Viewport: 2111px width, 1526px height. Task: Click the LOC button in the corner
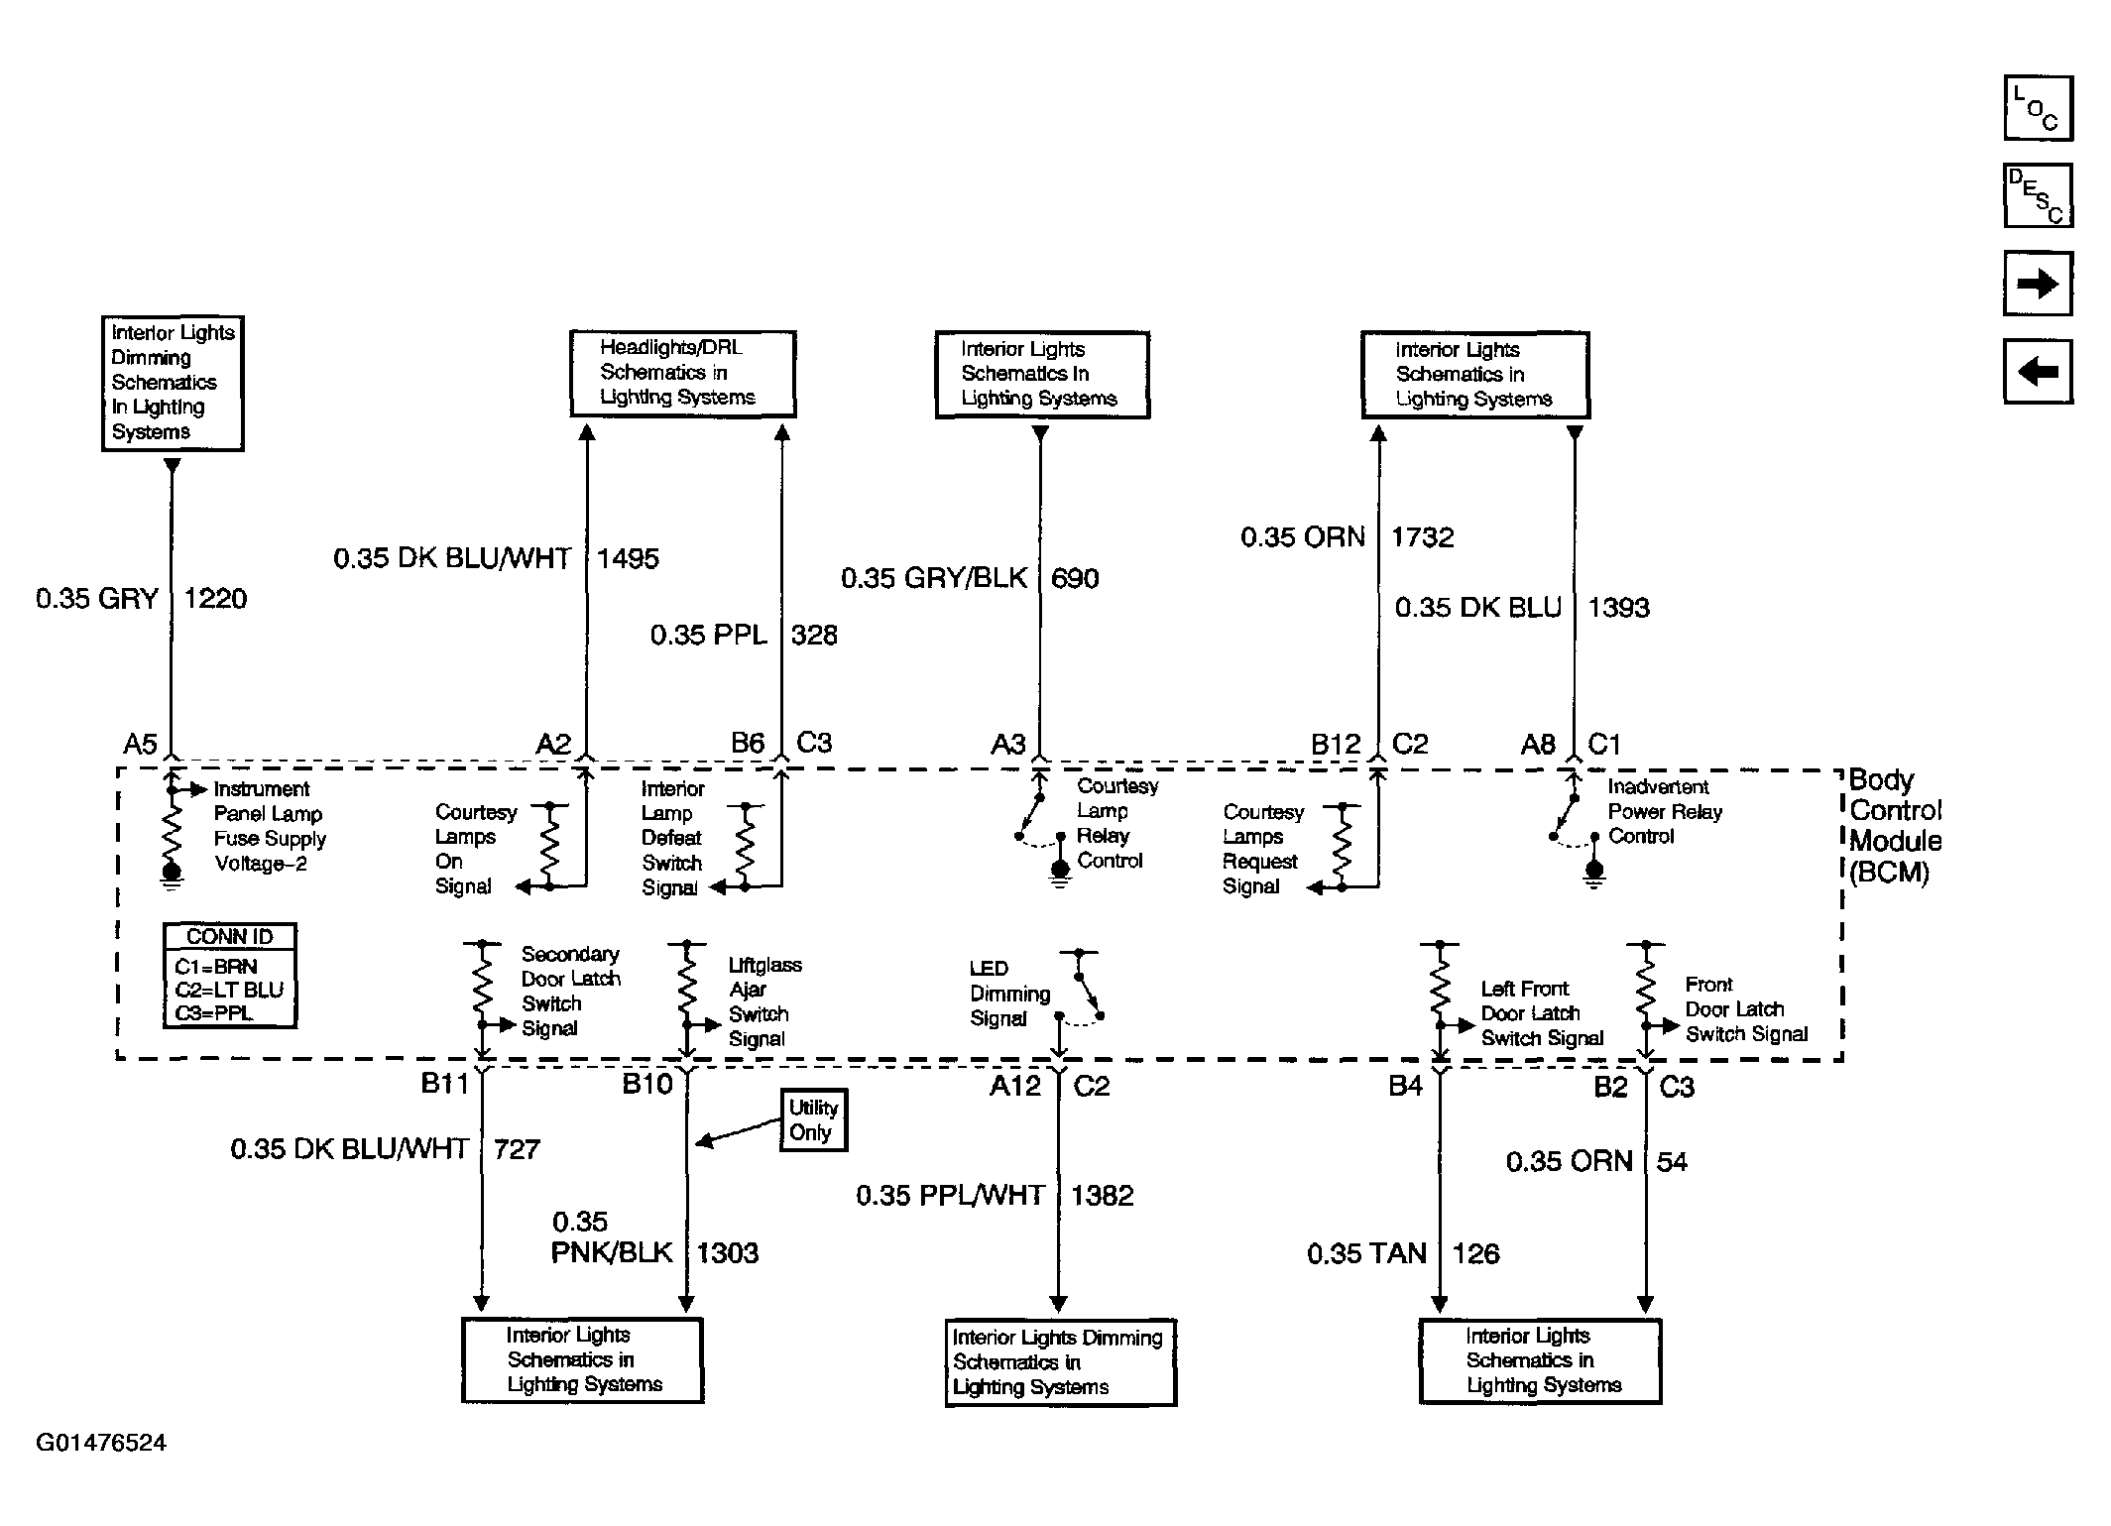coord(2038,108)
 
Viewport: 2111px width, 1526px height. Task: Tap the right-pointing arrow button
coord(2038,285)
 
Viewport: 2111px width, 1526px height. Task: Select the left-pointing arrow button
coord(2038,372)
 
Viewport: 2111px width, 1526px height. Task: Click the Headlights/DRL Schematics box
coord(682,373)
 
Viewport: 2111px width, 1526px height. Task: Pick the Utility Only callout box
coord(813,1120)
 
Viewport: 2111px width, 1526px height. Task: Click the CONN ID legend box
coord(229,976)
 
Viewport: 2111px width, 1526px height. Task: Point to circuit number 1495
coord(628,559)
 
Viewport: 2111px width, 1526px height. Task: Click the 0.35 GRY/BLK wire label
coord(933,579)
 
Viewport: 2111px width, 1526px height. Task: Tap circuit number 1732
coord(1422,537)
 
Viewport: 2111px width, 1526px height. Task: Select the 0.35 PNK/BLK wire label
coord(611,1237)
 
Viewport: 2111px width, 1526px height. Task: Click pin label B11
coord(445,1083)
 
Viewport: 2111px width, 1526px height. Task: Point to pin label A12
coord(1014,1087)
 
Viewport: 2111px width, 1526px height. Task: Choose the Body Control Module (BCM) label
coord(1894,826)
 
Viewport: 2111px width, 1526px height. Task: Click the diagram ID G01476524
coord(101,1443)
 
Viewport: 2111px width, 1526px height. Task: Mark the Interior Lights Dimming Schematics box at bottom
coord(1060,1362)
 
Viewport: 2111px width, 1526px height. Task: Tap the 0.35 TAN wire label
coord(1366,1254)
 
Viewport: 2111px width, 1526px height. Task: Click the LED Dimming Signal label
coord(1009,994)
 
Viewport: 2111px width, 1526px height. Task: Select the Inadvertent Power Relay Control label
coord(1664,812)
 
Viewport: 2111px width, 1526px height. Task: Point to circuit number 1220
coord(215,599)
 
